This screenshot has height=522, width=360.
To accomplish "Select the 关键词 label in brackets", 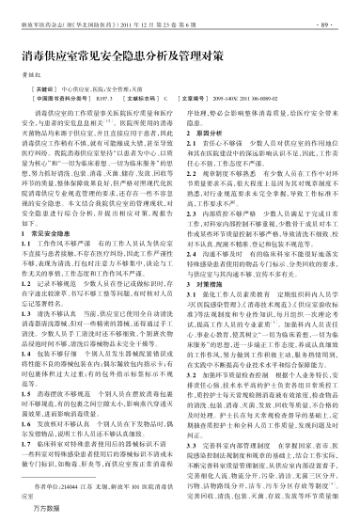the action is [47, 100].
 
